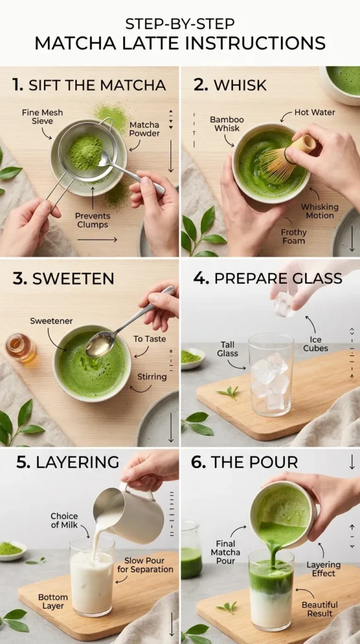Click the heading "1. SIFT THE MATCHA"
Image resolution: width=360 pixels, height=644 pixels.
point(89,85)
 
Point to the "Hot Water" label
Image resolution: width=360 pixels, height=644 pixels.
point(315,113)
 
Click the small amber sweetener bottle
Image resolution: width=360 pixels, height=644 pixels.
point(20,347)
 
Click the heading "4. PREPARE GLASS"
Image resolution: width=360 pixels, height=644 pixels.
point(267,279)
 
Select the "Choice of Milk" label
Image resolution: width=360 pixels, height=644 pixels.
point(64,521)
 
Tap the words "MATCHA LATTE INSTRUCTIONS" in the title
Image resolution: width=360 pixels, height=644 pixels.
point(180,43)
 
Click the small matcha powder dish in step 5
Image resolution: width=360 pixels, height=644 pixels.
point(11,549)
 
